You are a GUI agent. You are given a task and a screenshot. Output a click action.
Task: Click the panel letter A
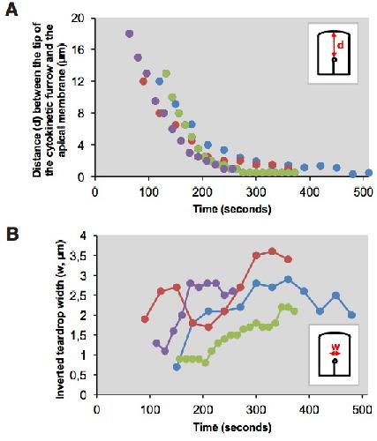click(11, 11)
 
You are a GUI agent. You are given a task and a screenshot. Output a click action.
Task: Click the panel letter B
click(12, 235)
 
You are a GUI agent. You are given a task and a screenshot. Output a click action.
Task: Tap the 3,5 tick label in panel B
click(79, 256)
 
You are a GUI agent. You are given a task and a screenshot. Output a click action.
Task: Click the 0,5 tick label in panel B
click(79, 375)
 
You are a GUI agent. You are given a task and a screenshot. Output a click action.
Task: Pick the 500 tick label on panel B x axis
click(363, 409)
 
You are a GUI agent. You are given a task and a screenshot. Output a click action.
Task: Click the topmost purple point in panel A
click(129, 34)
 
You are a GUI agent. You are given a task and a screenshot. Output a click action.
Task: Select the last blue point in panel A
click(368, 173)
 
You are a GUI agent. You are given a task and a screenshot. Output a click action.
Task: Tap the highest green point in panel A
click(166, 73)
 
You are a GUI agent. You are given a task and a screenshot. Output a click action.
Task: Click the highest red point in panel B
click(272, 251)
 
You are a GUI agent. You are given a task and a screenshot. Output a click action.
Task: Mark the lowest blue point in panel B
click(177, 367)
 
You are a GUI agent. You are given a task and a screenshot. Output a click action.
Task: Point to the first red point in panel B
click(145, 319)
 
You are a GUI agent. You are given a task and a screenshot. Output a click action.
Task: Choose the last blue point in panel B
click(351, 315)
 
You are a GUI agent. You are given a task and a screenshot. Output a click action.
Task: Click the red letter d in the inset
click(341, 46)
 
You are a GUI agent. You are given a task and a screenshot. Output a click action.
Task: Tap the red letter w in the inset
click(335, 347)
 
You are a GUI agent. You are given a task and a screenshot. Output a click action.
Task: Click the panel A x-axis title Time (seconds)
click(232, 209)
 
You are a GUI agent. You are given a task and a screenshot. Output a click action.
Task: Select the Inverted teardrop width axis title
click(60, 319)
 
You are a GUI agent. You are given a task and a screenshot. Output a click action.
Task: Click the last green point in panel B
click(294, 311)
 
